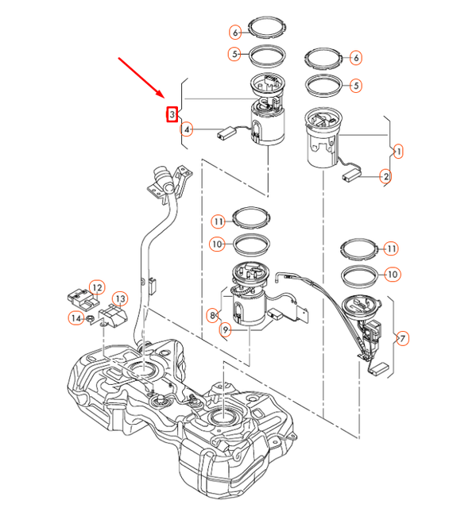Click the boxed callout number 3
pos(171,115)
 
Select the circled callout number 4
pos(187,129)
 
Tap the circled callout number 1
pos(398,150)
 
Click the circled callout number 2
pos(385,176)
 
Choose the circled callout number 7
pos(403,339)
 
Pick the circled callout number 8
pos(212,315)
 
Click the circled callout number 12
pos(96,287)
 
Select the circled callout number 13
pos(120,298)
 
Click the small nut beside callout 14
pos(91,319)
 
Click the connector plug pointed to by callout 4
pos(224,134)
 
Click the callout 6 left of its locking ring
pos(235,33)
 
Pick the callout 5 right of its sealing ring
pos(356,85)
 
